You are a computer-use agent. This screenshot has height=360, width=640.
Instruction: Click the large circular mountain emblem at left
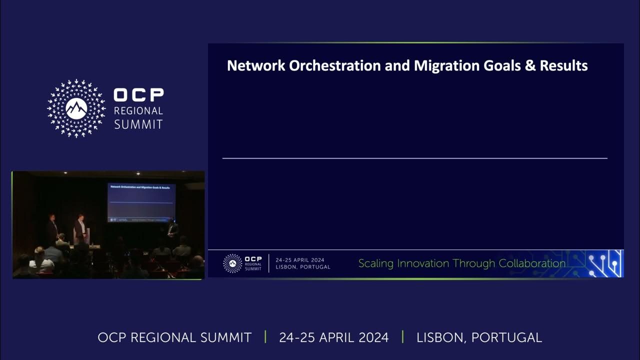coord(76,108)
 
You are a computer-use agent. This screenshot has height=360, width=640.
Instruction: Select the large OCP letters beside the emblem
coord(138,95)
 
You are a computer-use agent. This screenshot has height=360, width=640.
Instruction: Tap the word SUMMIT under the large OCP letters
coord(138,124)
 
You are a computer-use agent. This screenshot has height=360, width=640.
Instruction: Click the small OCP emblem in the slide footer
coord(232,263)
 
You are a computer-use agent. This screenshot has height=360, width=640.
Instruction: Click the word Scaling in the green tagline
coord(376,263)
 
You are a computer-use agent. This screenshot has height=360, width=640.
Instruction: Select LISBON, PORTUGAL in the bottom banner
coord(479,337)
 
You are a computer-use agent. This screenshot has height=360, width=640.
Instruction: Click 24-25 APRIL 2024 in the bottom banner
coord(333,337)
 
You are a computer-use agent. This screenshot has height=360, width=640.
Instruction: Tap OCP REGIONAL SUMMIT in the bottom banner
coord(174,337)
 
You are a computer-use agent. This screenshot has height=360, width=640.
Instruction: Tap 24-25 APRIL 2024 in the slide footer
coord(299,260)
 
